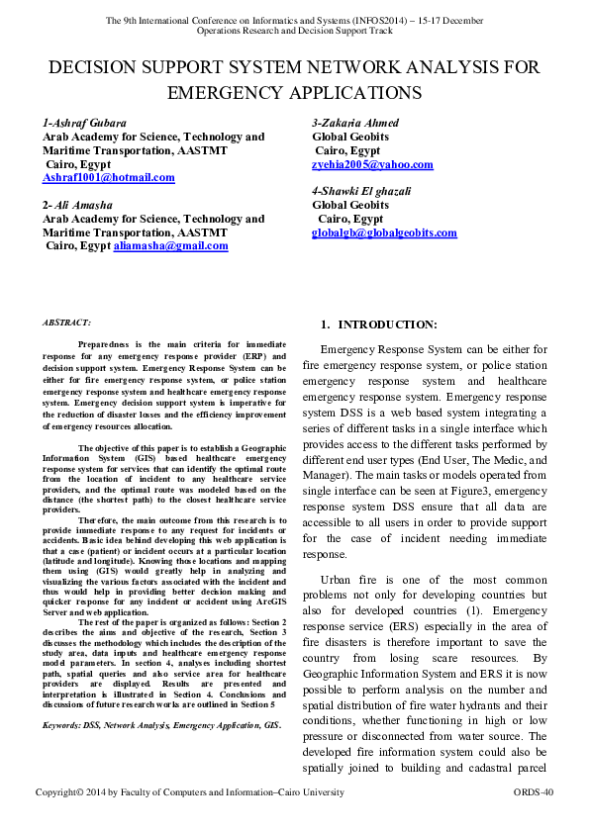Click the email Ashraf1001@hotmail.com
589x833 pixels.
[108, 178]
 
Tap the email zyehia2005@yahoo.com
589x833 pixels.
[372, 164]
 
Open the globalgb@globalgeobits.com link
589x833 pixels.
[384, 232]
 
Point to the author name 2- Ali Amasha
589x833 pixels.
[77, 204]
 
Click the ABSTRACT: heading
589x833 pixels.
[66, 323]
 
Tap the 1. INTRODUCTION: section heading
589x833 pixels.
[379, 324]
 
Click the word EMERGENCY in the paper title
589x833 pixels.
[228, 93]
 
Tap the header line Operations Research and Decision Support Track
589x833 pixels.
[294, 32]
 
